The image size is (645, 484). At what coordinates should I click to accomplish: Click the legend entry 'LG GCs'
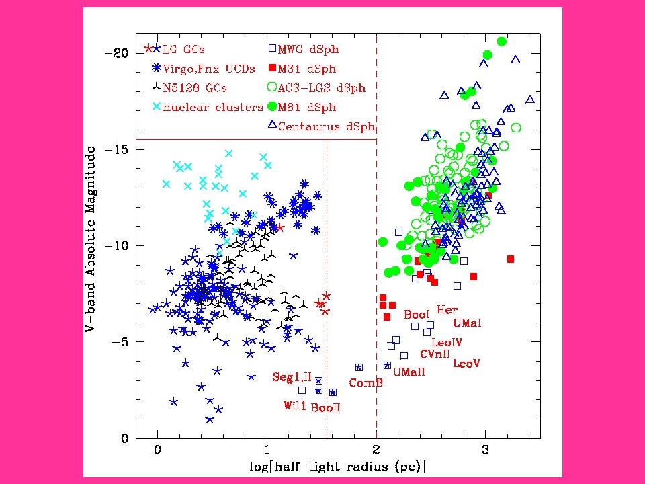click(184, 49)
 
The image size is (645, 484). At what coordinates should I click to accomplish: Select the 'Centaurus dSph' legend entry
click(326, 126)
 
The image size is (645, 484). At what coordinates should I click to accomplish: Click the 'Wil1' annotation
click(294, 405)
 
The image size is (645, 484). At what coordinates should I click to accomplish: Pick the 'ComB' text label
click(365, 382)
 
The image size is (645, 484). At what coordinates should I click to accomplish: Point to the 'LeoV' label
click(466, 364)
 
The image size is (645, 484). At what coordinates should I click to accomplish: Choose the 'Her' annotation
click(447, 310)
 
